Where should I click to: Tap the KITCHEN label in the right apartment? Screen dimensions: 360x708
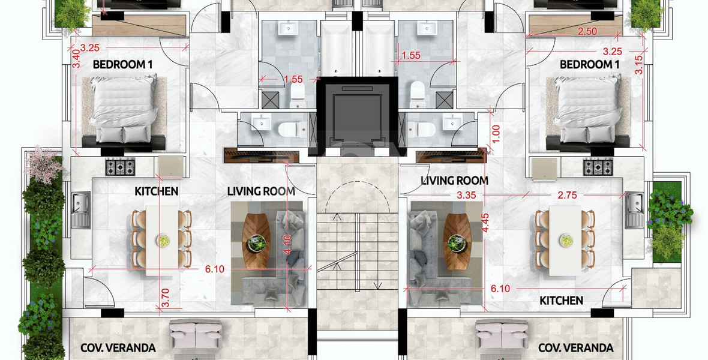pos(561,300)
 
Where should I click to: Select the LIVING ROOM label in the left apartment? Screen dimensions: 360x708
pos(260,191)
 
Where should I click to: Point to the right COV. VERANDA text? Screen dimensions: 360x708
pos(575,348)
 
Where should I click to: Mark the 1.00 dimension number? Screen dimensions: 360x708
pos(496,133)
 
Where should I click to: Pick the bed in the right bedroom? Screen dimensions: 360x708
pos(590,110)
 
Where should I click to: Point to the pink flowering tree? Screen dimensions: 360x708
pos(45,162)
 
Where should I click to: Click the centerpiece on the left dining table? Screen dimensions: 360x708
pos(163,241)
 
